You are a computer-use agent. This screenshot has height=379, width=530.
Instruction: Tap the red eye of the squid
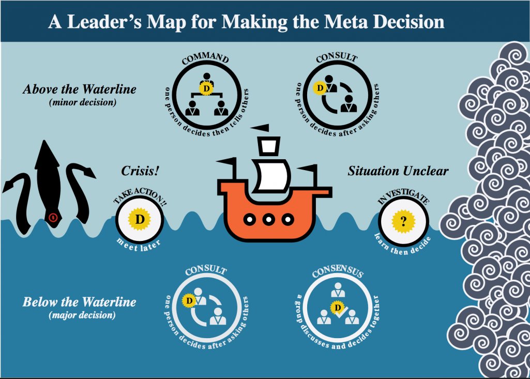[x=52, y=217]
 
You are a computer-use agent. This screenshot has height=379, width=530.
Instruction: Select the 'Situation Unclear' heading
[x=398, y=171]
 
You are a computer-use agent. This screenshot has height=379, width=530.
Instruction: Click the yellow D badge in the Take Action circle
[x=139, y=219]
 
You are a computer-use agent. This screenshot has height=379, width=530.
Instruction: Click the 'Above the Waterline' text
[x=80, y=89]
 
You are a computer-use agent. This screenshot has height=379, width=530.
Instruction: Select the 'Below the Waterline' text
[x=80, y=301]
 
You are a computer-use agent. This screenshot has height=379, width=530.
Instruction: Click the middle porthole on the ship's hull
[x=268, y=219]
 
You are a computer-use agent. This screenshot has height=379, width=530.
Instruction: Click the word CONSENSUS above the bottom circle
[x=338, y=271]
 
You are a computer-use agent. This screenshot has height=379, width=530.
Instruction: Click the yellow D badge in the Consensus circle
[x=338, y=308]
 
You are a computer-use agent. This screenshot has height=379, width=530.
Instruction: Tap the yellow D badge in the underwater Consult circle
[x=189, y=299]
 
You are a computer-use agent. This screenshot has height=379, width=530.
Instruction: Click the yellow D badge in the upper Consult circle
[x=321, y=88]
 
